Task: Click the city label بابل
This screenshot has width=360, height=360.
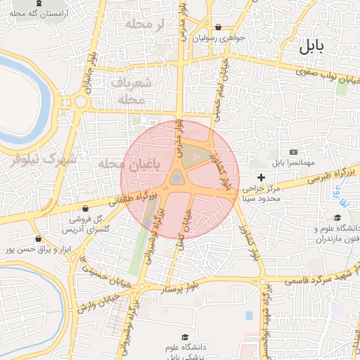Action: coord(311,48)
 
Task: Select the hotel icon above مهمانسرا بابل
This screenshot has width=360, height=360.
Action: coord(294,152)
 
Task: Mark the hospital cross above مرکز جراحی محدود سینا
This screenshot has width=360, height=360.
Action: coord(262,177)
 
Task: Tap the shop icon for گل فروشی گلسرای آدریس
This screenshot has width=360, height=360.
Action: coord(85,208)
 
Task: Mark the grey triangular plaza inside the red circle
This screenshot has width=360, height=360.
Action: coord(177,177)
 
